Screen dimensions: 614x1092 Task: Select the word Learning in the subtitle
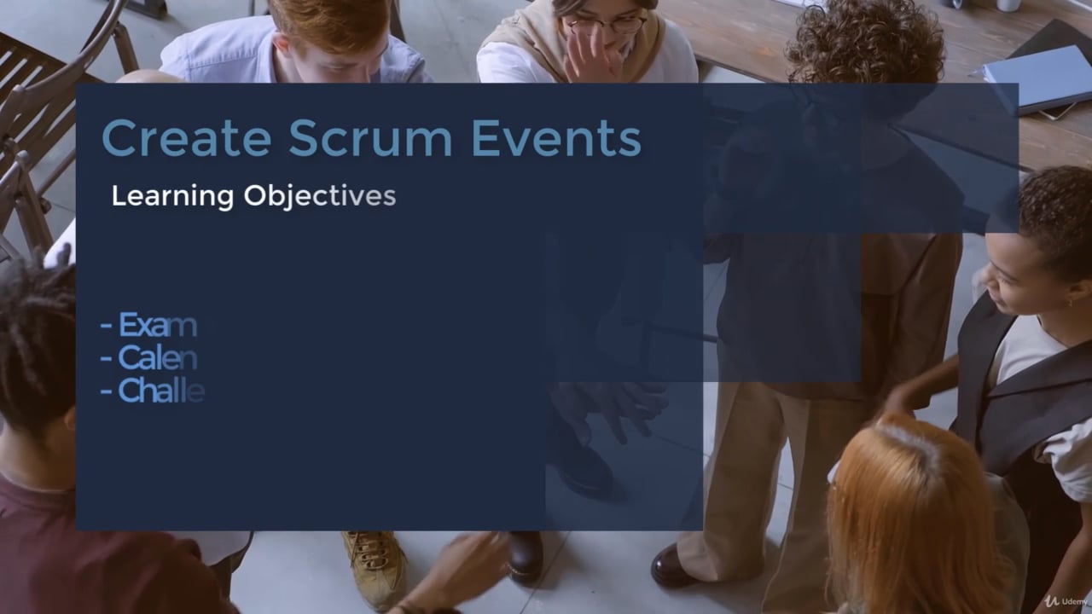pos(172,196)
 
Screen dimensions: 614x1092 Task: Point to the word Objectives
pos(320,196)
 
